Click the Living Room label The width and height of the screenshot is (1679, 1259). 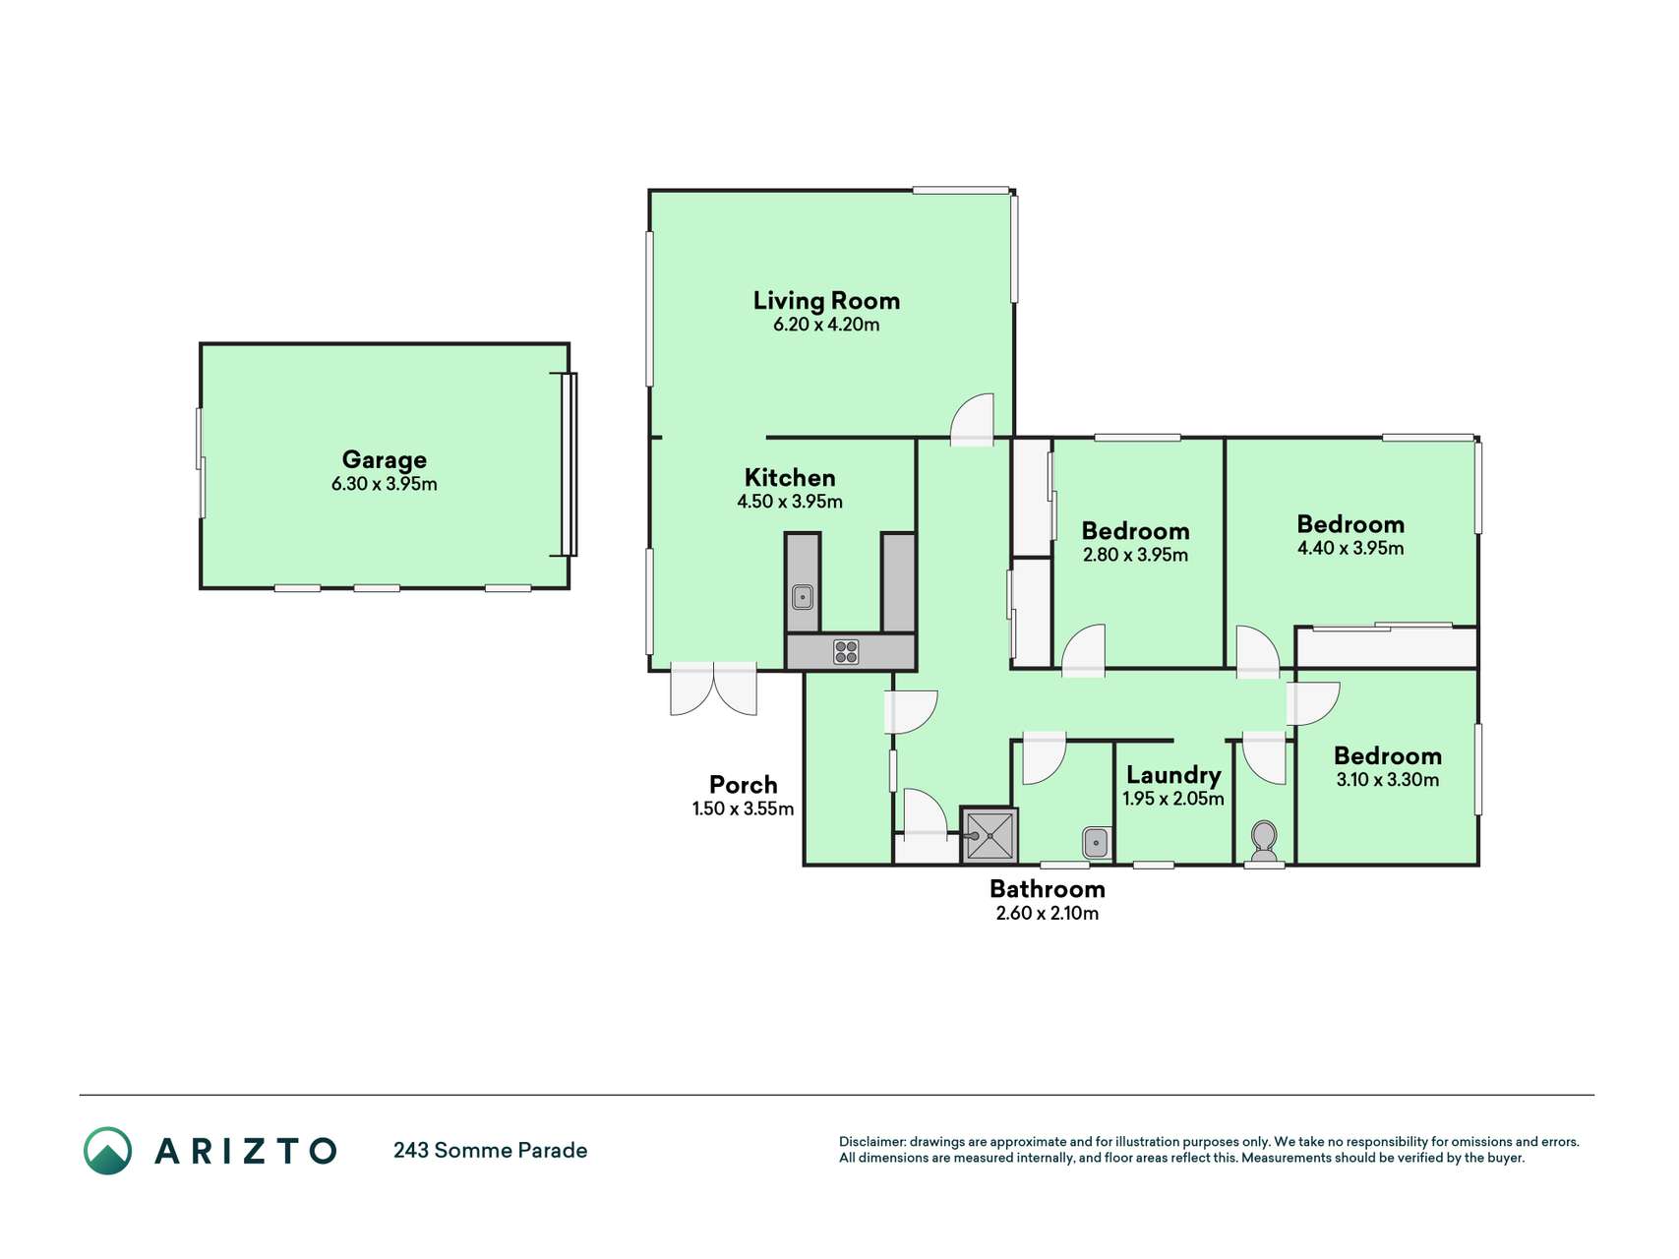click(x=826, y=300)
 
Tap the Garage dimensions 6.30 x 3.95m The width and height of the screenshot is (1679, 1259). click(x=385, y=484)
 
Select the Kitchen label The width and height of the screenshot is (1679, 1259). click(x=790, y=478)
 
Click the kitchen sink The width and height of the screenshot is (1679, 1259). click(x=803, y=596)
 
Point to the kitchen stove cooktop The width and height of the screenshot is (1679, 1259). click(x=846, y=651)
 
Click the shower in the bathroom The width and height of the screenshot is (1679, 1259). click(x=989, y=836)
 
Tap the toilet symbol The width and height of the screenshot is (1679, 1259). click(x=1264, y=843)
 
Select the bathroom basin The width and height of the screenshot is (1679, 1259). click(x=1096, y=843)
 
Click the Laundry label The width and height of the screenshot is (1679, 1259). click(x=1173, y=775)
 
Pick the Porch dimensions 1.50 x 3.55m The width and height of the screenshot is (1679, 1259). click(x=743, y=809)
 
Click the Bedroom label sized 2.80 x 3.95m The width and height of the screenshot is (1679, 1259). click(x=1135, y=531)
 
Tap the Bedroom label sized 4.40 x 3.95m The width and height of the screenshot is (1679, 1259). click(x=1350, y=524)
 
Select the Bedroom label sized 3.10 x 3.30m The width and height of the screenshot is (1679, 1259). click(x=1388, y=755)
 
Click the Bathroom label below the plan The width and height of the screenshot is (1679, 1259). click(x=1048, y=889)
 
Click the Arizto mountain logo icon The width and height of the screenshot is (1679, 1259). click(x=107, y=1151)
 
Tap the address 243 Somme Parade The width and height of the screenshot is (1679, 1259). click(x=490, y=1150)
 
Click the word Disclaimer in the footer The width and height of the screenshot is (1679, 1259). click(x=871, y=1142)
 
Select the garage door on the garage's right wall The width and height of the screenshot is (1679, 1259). click(x=569, y=464)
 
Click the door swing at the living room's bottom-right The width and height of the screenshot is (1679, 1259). click(x=973, y=419)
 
